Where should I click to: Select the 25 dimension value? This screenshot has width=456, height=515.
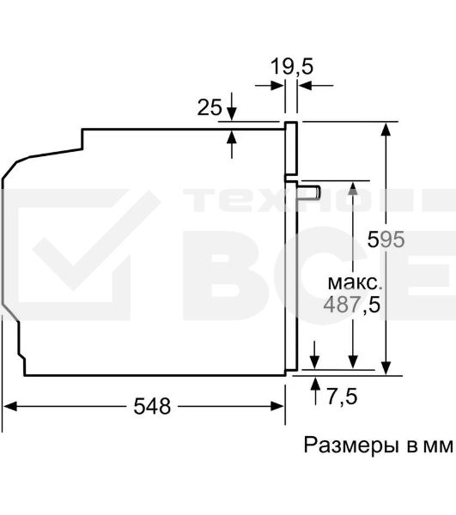(x=210, y=107)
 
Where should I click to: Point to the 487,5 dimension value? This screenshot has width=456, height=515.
(x=351, y=303)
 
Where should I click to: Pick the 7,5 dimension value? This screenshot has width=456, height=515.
(x=341, y=397)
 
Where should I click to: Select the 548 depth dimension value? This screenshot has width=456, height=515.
(x=153, y=406)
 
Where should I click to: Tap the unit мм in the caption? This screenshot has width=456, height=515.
(x=437, y=446)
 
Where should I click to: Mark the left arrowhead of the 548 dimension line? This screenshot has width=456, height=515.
(x=11, y=407)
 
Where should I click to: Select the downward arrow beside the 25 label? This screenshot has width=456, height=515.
(x=231, y=112)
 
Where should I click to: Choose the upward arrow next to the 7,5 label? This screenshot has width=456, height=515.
(x=316, y=383)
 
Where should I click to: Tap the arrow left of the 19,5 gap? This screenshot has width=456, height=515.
(x=276, y=85)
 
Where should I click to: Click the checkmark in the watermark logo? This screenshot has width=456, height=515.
(x=86, y=249)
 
